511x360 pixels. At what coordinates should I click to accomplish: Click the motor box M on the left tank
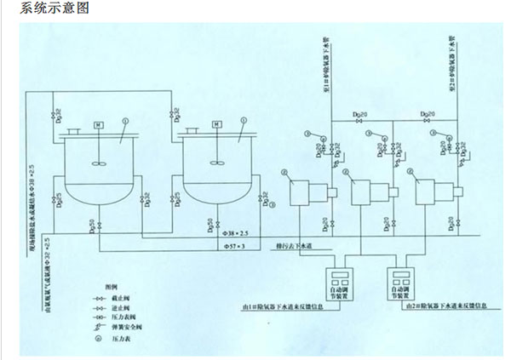(99, 125)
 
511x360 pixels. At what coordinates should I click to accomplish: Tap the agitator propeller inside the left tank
(99, 164)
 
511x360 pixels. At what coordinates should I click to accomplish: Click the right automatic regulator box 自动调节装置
(405, 282)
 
